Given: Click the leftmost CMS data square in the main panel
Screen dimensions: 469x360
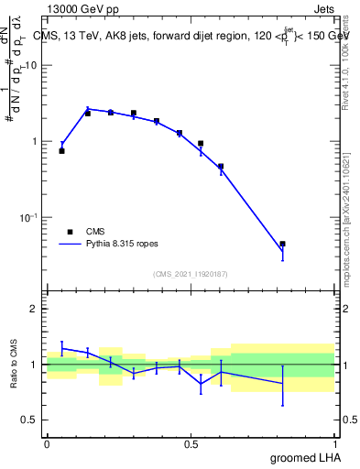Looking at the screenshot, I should point(61,150).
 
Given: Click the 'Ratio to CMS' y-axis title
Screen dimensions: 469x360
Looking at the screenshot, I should point(15,365).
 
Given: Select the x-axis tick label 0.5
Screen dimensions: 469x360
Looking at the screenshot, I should point(191,444).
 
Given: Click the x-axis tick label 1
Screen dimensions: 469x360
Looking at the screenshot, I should point(334,444).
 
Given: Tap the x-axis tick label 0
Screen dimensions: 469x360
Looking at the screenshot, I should point(47,444).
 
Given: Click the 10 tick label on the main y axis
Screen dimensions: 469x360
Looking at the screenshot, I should point(31,66).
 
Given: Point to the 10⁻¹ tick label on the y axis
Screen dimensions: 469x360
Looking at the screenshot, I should point(29,217).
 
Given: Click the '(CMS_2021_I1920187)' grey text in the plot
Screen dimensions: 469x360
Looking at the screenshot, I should point(191,273).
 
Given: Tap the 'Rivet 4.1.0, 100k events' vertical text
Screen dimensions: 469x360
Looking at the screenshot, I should point(347,55).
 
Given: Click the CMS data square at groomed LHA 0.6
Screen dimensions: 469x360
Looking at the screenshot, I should point(221,167).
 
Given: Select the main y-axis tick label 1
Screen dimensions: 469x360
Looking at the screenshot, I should point(35,142).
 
